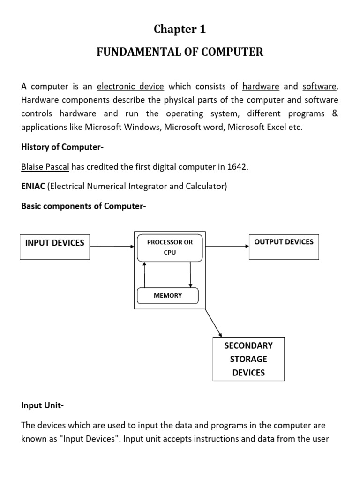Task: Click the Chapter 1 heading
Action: [x=180, y=30]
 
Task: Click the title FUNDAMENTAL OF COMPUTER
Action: [x=180, y=52]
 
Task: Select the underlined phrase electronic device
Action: [x=130, y=87]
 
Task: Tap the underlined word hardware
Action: [x=261, y=87]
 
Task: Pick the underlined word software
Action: [x=319, y=87]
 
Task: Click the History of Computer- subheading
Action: [x=62, y=147]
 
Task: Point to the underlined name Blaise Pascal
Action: [x=45, y=167]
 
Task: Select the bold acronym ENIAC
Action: [x=32, y=187]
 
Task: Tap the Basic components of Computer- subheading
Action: [x=84, y=206]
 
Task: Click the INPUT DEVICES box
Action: [x=54, y=247]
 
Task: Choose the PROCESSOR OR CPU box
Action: [x=170, y=247]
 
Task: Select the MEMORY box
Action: [x=167, y=296]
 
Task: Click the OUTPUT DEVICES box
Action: [x=284, y=247]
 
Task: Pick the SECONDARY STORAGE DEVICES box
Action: [x=248, y=359]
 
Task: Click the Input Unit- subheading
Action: [x=42, y=406]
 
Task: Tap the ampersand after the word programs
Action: [x=334, y=114]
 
